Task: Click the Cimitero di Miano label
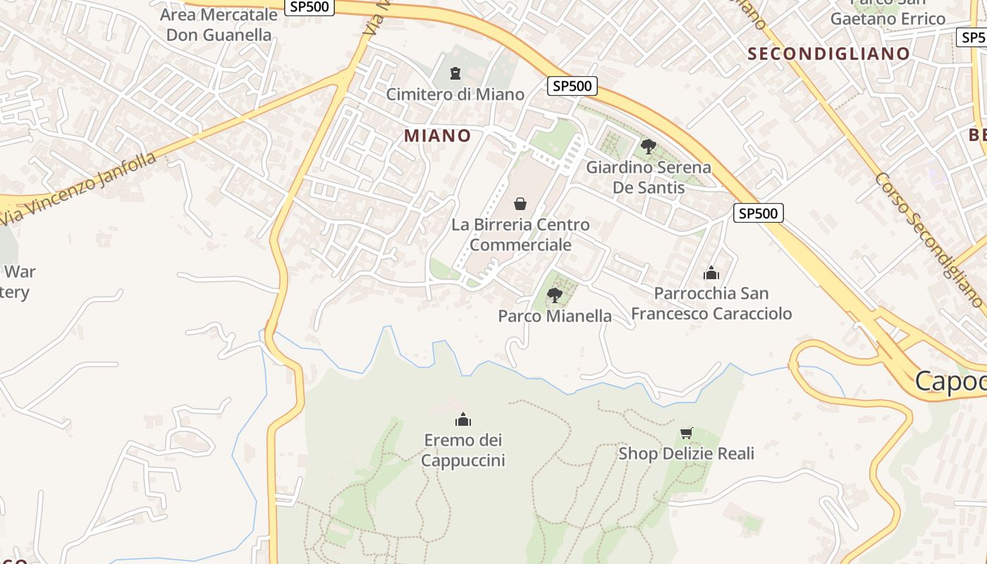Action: point(455,94)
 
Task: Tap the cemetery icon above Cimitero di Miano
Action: point(455,73)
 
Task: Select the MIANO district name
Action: point(437,135)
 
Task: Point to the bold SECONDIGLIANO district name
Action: point(828,54)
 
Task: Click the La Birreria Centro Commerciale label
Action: point(520,235)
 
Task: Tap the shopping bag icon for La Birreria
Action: point(520,204)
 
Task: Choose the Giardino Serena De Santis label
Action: point(649,178)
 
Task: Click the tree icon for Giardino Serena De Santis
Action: point(649,147)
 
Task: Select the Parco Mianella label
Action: point(555,316)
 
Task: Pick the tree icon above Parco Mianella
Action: point(555,295)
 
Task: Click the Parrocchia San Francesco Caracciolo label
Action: point(711,303)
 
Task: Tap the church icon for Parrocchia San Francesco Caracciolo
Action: point(711,273)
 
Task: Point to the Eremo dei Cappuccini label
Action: point(463,450)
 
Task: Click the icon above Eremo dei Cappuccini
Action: point(463,419)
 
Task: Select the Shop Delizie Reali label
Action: point(686,453)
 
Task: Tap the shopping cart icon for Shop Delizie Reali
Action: point(686,433)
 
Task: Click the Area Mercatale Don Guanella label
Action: point(219,25)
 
